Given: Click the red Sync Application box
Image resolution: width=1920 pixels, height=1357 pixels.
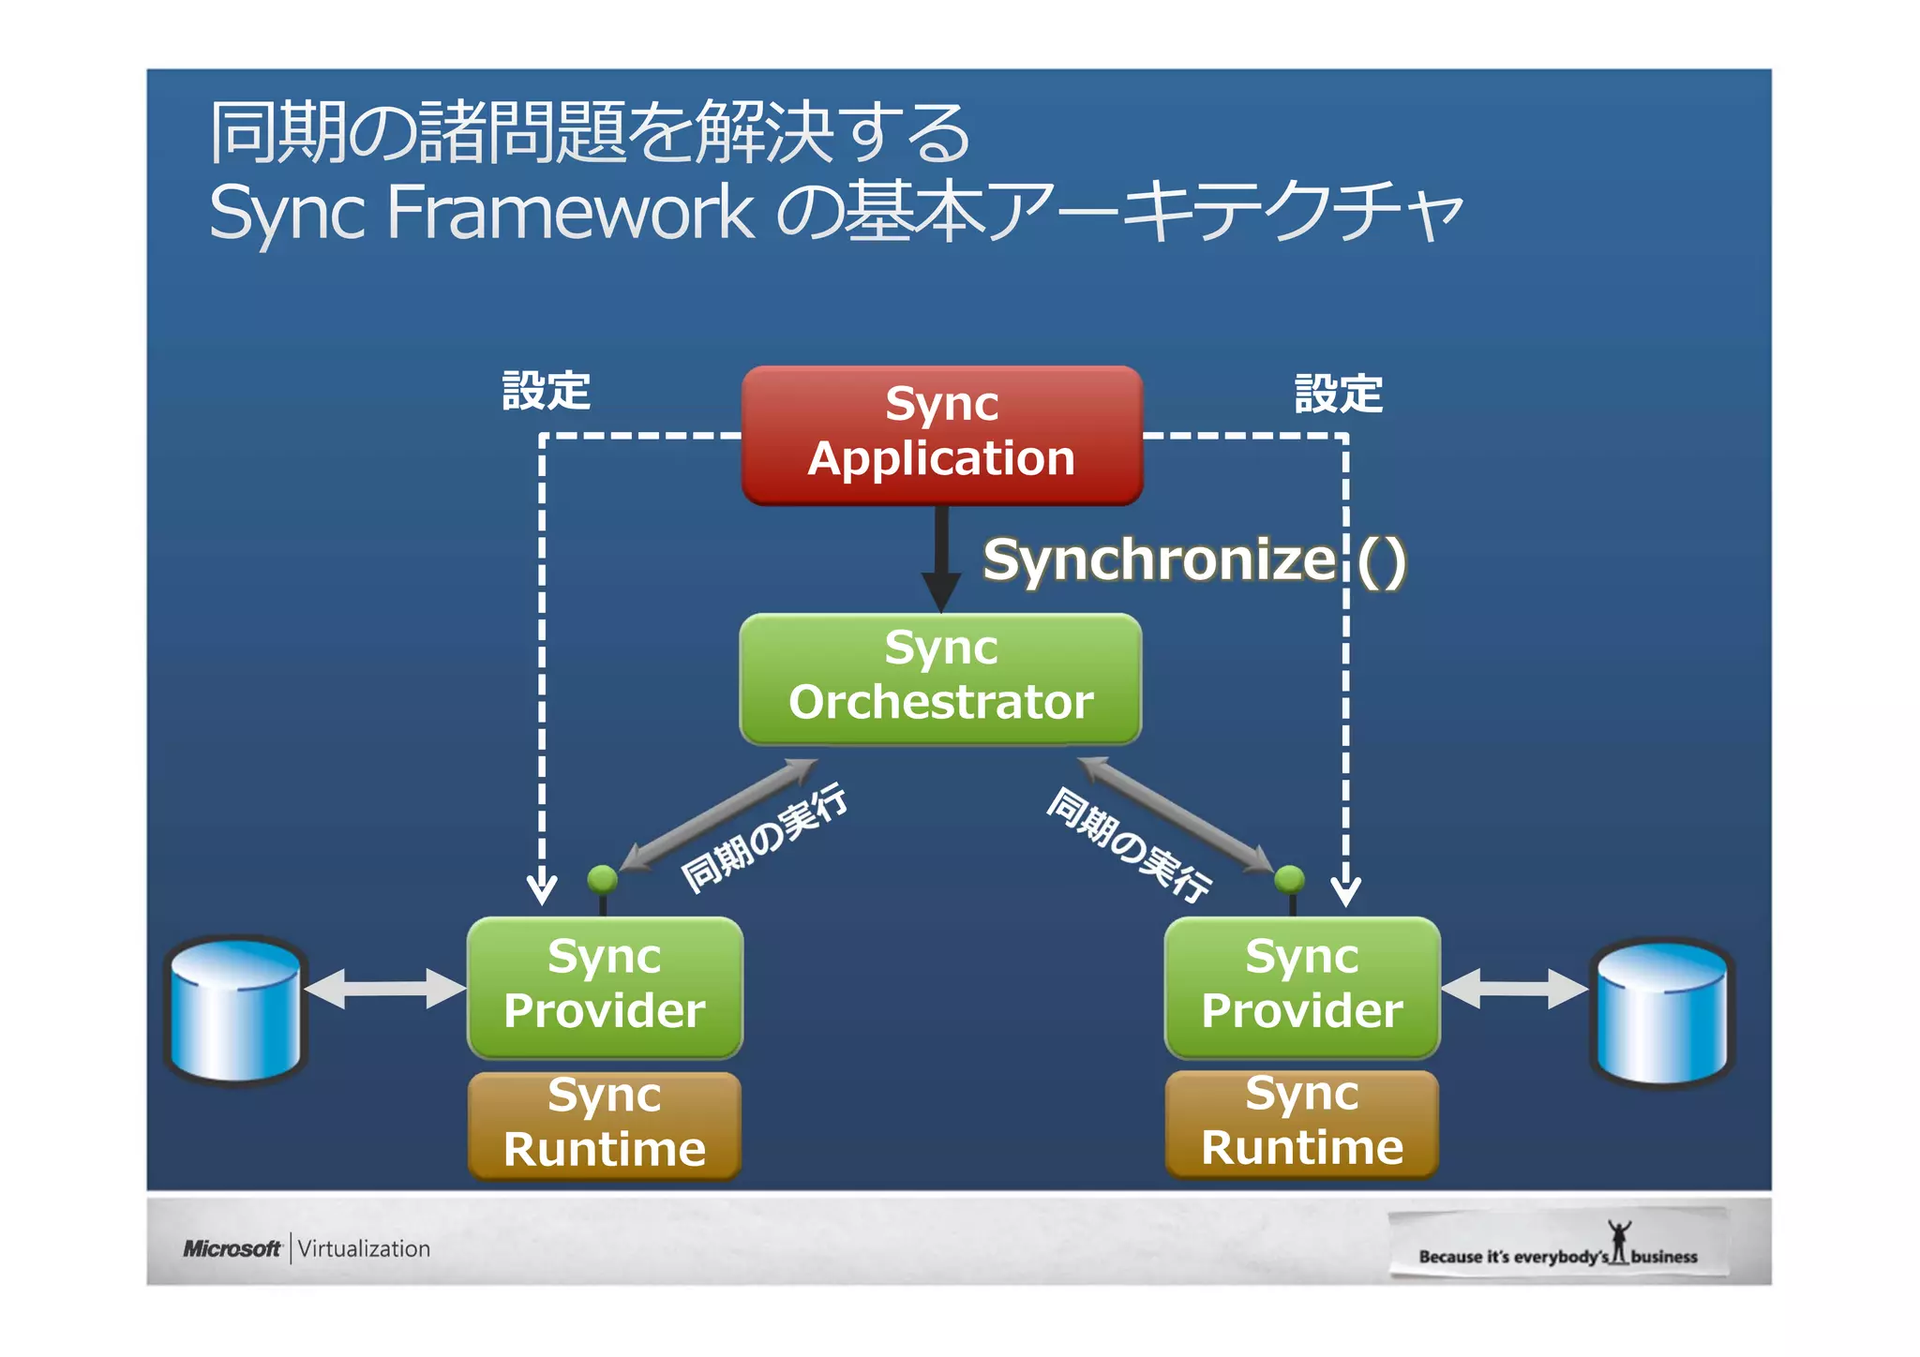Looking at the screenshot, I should (941, 435).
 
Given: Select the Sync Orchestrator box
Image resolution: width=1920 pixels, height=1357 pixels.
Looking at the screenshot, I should (940, 678).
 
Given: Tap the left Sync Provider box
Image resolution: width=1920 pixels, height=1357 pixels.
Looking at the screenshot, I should (605, 987).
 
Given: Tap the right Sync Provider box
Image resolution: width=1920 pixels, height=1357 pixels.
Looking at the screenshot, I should (1301, 987).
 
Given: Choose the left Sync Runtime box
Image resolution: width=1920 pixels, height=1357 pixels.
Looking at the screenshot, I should (605, 1125).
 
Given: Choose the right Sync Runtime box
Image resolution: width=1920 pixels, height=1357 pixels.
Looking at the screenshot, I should (1301, 1123).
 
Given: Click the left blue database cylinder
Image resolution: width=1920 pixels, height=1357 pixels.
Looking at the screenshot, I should (236, 1009).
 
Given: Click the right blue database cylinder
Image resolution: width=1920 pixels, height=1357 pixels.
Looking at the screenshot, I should (1661, 1012).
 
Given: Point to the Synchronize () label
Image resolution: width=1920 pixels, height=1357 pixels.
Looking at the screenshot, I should (1192, 560).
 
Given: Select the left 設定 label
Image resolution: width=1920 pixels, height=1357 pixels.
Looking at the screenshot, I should (546, 391).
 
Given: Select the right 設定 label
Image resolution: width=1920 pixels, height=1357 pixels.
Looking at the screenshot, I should (1338, 394).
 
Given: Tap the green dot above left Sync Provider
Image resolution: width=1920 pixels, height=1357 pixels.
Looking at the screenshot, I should (602, 879).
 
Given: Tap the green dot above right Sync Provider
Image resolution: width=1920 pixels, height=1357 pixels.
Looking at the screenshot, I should (1290, 879).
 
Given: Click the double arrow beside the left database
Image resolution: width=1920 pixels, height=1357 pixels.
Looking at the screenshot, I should (385, 989).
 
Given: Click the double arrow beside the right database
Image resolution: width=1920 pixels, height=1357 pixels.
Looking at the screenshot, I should (1513, 989).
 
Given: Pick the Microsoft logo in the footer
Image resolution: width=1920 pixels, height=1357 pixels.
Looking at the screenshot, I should (232, 1248).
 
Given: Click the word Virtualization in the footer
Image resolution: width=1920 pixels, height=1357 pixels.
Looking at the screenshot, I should (364, 1249).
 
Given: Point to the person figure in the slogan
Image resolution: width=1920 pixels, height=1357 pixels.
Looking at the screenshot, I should (1619, 1240).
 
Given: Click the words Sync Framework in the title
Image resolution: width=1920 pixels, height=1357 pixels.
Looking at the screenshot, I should (480, 212).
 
